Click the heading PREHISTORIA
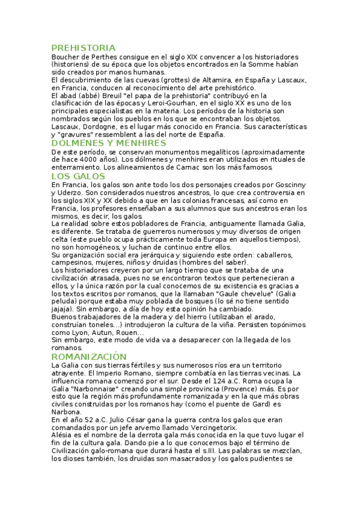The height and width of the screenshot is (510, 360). (x=84, y=48)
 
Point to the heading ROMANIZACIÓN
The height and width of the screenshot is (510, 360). (x=89, y=357)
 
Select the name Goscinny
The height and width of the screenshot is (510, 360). (x=290, y=185)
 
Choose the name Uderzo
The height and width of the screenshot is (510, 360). (x=66, y=193)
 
